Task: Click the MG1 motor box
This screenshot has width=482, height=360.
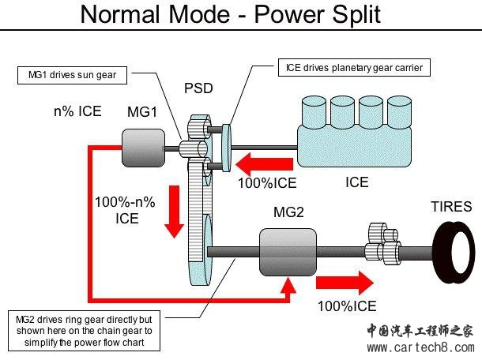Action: coord(142,148)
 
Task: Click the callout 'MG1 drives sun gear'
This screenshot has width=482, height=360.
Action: coord(73,77)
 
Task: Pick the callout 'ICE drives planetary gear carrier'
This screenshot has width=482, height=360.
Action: coord(353,68)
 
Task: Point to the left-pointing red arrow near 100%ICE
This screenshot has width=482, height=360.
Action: coord(266,163)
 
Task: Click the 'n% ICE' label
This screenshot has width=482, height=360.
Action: coord(77,111)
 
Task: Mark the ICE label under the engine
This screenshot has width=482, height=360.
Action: coord(356,182)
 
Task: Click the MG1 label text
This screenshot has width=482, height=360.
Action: coord(142,112)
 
